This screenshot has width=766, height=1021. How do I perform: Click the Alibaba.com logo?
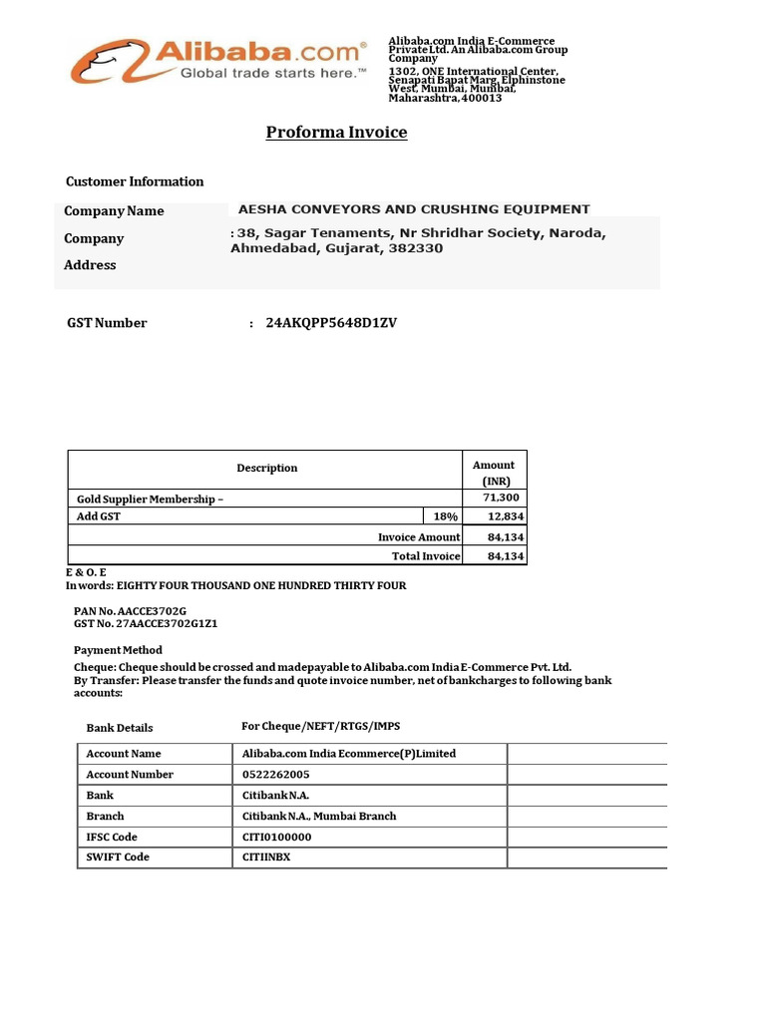pos(217,61)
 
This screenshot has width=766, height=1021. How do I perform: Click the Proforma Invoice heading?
pos(336,132)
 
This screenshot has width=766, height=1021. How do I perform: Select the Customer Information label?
pos(135,181)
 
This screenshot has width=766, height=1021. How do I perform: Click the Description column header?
pos(266,468)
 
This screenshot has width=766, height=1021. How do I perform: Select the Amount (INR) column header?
pos(494,473)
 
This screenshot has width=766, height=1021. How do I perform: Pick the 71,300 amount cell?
pos(502,498)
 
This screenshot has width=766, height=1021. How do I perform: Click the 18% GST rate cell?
pos(445,516)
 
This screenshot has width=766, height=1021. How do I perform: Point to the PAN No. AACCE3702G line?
pos(131,609)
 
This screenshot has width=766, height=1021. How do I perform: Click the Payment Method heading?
pos(118,650)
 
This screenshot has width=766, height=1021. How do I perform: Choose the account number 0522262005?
pos(276,775)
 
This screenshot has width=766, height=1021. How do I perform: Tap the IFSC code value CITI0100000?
pos(277,837)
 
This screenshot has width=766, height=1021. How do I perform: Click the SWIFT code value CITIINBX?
pos(266,857)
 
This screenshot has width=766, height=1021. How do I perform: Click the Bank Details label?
pos(120,728)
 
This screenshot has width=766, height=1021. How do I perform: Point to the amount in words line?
pos(236,585)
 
